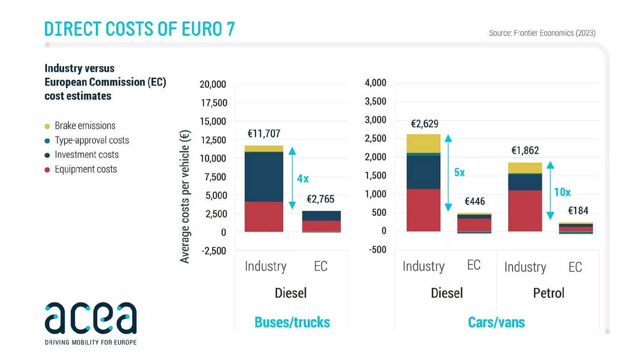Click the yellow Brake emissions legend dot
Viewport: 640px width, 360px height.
(47, 126)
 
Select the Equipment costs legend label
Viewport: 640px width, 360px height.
(86, 169)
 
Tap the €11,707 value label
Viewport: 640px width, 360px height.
(264, 134)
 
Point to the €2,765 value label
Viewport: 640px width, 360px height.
(320, 199)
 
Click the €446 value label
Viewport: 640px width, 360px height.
(475, 202)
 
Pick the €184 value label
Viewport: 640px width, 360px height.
(578, 211)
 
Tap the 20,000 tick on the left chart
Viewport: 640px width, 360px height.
(213, 85)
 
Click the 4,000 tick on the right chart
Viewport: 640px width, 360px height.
(376, 83)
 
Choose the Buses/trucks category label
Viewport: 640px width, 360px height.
(292, 322)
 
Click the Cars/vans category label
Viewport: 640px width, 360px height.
(496, 322)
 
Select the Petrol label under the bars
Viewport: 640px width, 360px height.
(549, 293)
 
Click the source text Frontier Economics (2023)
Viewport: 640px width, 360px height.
(542, 33)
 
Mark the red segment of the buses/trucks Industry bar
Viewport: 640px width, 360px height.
(264, 216)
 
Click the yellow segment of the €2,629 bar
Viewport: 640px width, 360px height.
(423, 144)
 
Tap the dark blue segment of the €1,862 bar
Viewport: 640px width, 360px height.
(525, 182)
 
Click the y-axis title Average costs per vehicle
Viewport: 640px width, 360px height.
(185, 197)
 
